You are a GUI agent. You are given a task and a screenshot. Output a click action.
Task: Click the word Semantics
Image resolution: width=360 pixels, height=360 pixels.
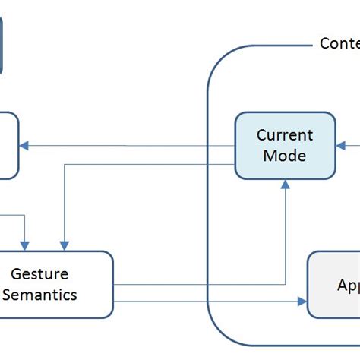39,295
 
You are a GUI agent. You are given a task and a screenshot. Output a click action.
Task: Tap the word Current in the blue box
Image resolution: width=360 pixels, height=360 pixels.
284,135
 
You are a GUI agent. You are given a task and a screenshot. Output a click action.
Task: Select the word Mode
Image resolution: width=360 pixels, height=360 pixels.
284,156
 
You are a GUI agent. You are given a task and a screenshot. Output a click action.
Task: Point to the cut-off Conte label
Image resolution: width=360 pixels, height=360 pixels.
339,44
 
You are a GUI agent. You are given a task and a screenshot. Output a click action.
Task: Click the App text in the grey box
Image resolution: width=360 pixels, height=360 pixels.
348,286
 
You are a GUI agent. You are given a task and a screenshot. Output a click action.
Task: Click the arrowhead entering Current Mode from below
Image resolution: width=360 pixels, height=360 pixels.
284,183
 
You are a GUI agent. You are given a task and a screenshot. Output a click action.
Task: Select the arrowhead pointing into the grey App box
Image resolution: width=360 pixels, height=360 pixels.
302,301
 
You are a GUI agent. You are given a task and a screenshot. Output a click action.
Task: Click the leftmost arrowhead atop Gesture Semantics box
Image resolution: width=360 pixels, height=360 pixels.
25,245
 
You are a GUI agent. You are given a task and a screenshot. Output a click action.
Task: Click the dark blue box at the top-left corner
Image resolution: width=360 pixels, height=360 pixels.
2,46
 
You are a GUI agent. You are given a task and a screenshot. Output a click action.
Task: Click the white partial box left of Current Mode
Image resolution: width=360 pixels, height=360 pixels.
8,146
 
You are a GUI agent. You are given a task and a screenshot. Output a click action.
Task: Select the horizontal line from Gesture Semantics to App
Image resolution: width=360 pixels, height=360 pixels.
205,301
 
